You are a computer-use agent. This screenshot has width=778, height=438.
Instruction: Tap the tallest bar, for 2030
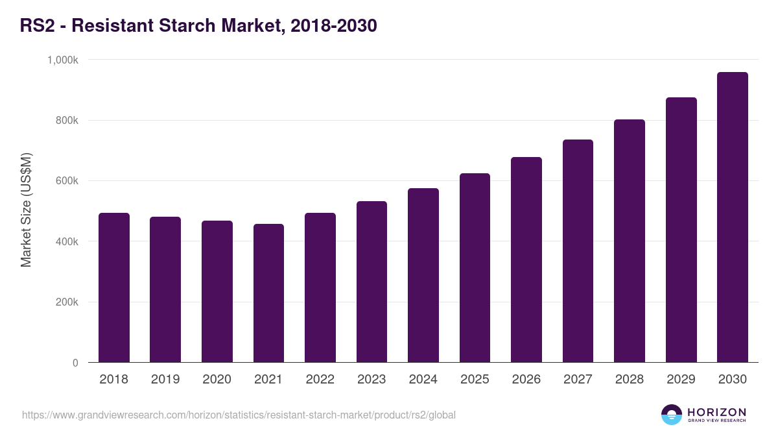click(733, 217)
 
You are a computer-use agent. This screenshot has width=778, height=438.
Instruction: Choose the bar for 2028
click(630, 241)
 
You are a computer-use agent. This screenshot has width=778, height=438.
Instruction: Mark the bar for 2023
click(371, 282)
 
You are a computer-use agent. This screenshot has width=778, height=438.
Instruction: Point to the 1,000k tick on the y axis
click(63, 60)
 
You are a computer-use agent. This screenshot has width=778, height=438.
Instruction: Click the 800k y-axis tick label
click(67, 121)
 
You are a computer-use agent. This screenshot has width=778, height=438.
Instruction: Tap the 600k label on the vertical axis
click(67, 181)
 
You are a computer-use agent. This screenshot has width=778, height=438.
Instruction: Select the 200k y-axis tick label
click(67, 302)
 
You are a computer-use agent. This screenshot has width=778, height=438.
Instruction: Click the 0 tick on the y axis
click(75, 363)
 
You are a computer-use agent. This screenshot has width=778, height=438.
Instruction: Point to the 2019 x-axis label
click(165, 380)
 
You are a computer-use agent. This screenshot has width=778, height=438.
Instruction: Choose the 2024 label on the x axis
click(423, 380)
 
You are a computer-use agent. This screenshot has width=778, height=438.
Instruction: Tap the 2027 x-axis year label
click(578, 380)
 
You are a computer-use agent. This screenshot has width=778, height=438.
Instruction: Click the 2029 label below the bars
click(681, 380)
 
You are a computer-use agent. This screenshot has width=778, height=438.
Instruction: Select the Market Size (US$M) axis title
click(26, 210)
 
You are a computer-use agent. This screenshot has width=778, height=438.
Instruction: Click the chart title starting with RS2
click(198, 26)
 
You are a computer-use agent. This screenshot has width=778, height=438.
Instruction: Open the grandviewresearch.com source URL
click(239, 415)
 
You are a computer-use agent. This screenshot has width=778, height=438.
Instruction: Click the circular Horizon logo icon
click(672, 415)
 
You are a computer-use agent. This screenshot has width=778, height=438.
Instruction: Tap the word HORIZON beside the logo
click(716, 411)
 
